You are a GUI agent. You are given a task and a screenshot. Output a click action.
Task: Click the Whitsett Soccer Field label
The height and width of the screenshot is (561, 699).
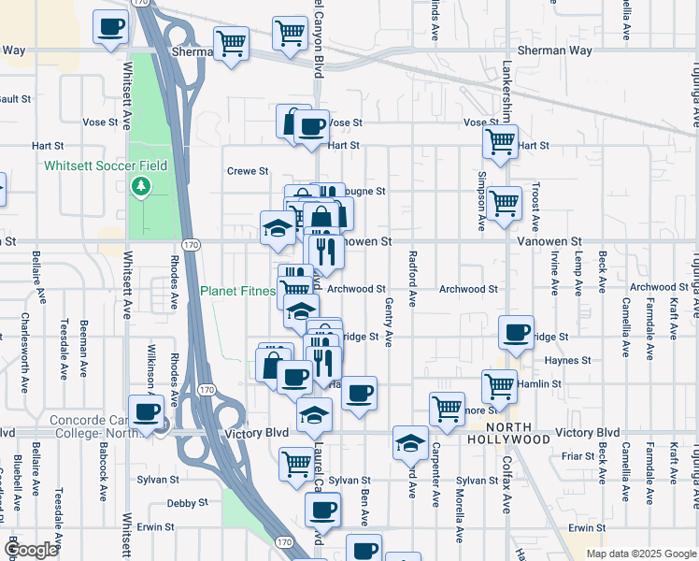(106, 165)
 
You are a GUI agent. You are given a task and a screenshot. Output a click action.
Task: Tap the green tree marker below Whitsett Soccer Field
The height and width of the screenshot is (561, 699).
(141, 186)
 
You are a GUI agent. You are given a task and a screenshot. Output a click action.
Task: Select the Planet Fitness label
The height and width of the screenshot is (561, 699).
(237, 291)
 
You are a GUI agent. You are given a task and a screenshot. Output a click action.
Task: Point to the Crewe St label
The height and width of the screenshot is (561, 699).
(249, 171)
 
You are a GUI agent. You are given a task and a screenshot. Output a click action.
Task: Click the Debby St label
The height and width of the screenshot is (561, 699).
(186, 503)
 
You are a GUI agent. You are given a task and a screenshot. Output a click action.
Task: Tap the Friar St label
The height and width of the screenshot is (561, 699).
(578, 456)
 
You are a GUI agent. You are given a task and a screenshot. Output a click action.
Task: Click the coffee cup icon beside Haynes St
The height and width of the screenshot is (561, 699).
(516, 331)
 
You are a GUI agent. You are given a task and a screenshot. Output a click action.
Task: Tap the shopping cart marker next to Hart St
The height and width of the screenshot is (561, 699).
(500, 142)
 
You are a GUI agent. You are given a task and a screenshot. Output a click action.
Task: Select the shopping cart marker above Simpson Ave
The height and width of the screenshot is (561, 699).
(504, 202)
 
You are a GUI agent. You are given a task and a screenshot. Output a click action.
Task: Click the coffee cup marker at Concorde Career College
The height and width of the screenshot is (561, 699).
(146, 411)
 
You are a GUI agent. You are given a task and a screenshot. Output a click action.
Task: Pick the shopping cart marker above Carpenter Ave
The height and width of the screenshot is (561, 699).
(447, 408)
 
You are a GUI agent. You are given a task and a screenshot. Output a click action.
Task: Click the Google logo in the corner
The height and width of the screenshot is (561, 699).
(32, 551)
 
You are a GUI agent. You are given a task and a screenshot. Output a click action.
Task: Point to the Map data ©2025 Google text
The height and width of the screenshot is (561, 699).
(640, 554)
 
